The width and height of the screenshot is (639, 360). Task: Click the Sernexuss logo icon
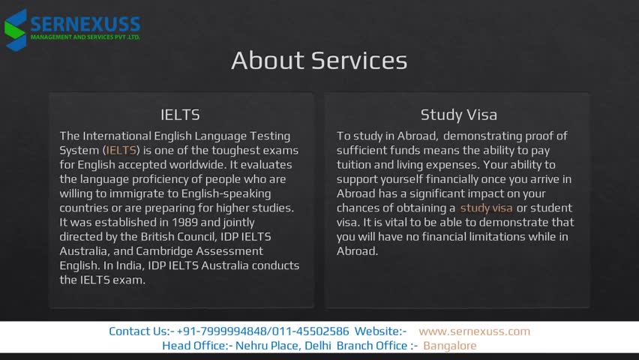point(16,30)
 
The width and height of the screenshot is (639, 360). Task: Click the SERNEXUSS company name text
point(85,25)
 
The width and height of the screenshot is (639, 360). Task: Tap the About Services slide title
point(319,60)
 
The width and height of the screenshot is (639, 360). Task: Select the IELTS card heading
point(180,115)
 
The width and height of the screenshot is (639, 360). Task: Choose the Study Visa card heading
point(459,115)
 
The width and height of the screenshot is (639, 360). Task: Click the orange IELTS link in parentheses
point(121,151)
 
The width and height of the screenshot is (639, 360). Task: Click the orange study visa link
point(486,208)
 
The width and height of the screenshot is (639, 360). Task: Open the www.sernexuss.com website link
point(474,331)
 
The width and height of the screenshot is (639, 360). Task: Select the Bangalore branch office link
point(450,346)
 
